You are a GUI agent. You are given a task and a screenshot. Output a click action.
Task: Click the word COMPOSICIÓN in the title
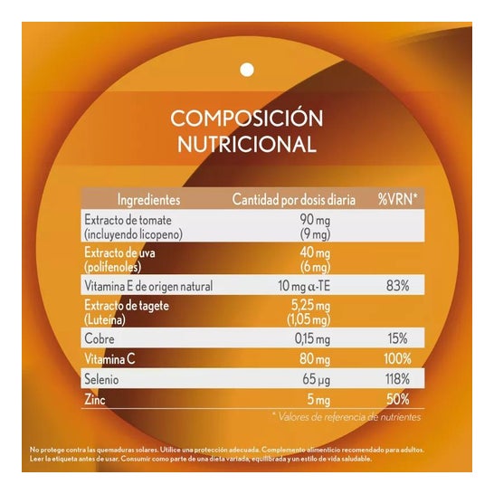[246, 118]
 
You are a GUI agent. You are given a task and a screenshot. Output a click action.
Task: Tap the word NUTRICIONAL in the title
[246, 144]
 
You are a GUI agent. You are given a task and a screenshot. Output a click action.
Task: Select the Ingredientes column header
[148, 199]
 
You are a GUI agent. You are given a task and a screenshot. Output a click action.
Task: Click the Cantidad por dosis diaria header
[292, 199]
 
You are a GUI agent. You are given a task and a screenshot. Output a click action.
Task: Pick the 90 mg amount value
[313, 221]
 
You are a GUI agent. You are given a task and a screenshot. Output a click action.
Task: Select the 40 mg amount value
[313, 252]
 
